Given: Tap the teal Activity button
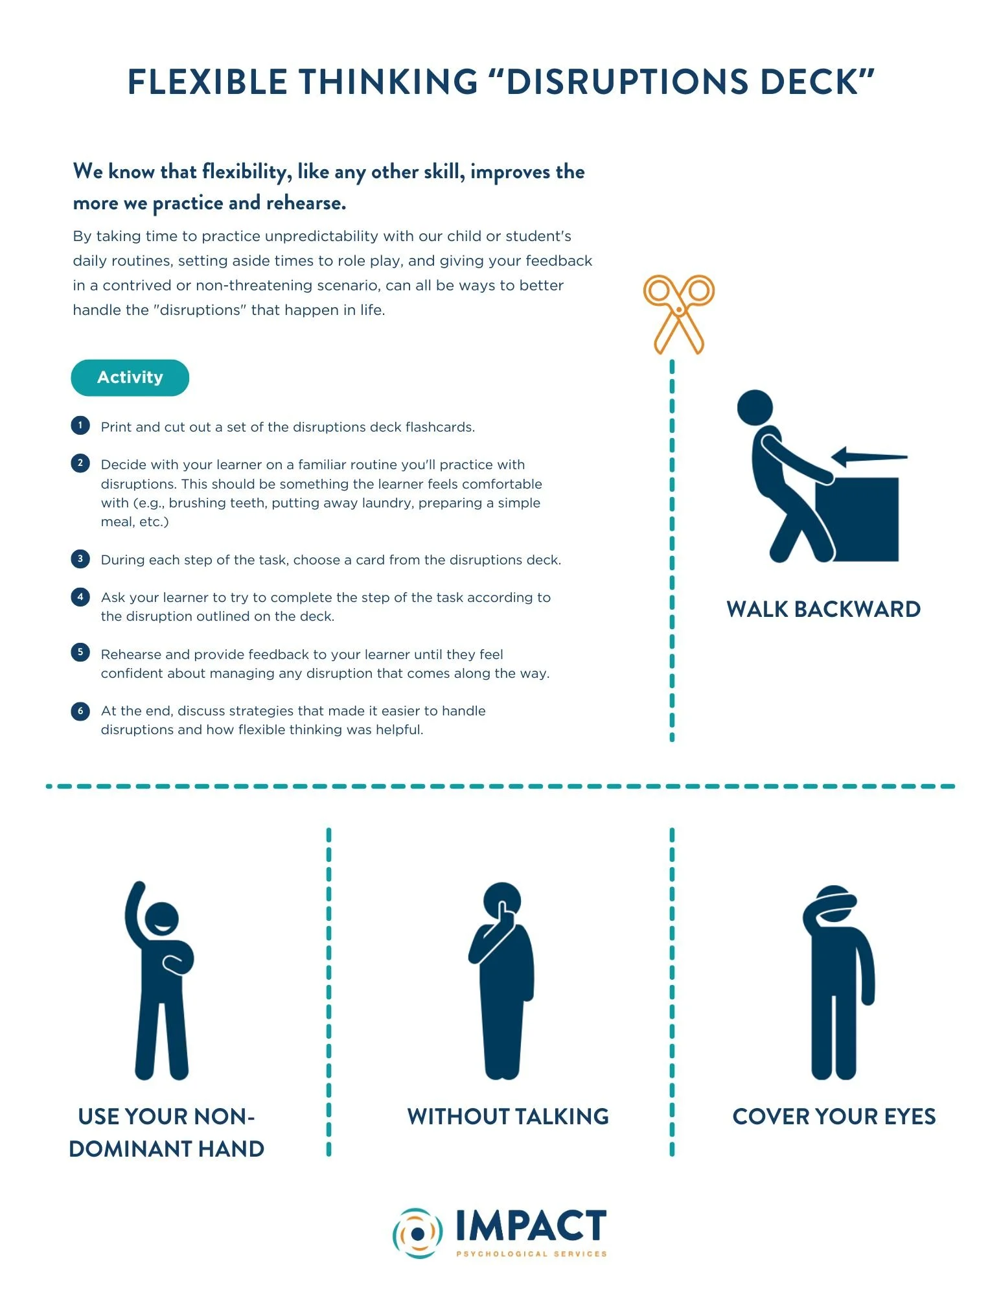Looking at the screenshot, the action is (130, 377).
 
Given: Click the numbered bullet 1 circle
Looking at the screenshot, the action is (80, 425).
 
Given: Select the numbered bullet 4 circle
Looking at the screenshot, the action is (80, 596).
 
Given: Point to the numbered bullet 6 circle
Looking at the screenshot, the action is (80, 710).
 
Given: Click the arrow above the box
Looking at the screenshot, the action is (868, 457).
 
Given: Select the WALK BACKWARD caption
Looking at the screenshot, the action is (823, 609).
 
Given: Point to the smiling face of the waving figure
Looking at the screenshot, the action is (161, 920).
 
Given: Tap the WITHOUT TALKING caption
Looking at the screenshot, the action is (508, 1117).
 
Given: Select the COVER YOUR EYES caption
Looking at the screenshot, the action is (834, 1117).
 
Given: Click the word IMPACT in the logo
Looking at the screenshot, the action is (531, 1226).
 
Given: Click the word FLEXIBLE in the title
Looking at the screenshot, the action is (207, 82).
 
